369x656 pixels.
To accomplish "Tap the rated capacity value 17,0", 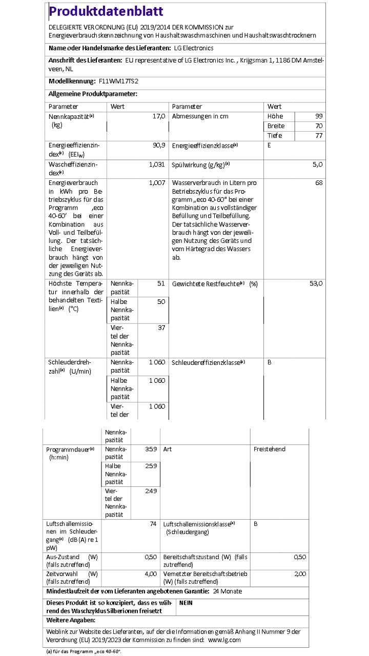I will pyautogui.click(x=159, y=116).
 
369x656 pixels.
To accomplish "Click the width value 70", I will pyautogui.click(x=319, y=126).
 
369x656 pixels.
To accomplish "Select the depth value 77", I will pyautogui.click(x=319, y=136).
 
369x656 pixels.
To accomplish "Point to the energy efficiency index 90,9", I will pyautogui.click(x=159, y=146).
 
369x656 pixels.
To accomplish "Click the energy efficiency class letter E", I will pyautogui.click(x=269, y=146).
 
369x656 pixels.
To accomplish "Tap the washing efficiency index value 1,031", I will pyautogui.click(x=157, y=165).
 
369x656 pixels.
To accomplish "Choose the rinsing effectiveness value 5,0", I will pyautogui.click(x=317, y=165).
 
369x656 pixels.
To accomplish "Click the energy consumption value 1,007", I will pyautogui.click(x=157, y=183).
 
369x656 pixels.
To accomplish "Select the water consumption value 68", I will pyautogui.click(x=319, y=183).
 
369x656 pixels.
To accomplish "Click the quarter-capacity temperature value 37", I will pyautogui.click(x=161, y=328).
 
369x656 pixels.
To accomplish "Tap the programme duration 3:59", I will pyautogui.click(x=151, y=449).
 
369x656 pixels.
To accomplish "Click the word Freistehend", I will pyautogui.click(x=269, y=449).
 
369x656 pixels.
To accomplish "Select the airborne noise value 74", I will pyautogui.click(x=153, y=524).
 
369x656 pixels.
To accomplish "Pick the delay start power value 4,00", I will pyautogui.click(x=151, y=573).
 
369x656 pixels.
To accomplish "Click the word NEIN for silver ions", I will pyautogui.click(x=186, y=603).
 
